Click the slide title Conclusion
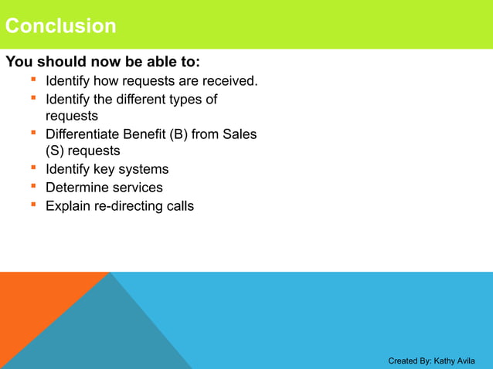[60, 26]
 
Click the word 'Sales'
[240, 134]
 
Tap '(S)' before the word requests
[58, 151]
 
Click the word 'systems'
[144, 169]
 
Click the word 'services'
[137, 188]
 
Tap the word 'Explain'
[68, 206]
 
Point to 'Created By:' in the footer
[410, 361]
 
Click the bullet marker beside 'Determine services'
[34, 187]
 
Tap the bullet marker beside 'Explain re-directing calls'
[34, 205]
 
